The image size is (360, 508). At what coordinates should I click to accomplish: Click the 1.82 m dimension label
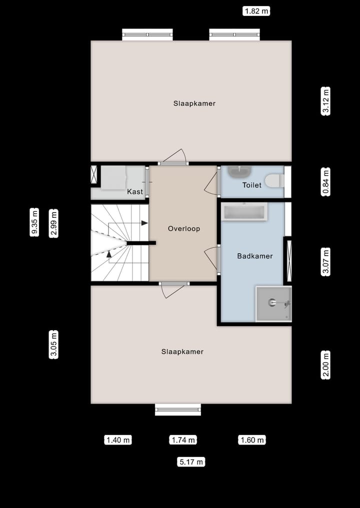click(256, 10)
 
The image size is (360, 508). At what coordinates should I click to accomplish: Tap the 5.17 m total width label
click(191, 462)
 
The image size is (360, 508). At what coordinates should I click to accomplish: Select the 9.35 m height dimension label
click(34, 222)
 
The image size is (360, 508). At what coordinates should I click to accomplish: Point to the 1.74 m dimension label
click(183, 440)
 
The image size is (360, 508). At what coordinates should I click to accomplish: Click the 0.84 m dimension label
click(326, 182)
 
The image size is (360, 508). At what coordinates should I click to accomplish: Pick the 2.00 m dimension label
click(326, 365)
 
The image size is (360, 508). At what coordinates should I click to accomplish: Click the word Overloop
click(183, 229)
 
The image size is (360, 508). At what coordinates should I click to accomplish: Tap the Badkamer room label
click(254, 256)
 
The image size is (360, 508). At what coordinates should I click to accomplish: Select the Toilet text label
click(251, 185)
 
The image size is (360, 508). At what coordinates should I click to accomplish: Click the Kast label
click(134, 192)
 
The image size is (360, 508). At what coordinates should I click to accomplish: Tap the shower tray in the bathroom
click(273, 304)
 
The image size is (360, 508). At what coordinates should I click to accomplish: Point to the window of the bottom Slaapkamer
click(177, 410)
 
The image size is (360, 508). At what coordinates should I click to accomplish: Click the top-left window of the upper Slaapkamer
click(147, 34)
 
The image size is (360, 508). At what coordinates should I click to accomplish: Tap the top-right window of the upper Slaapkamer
click(234, 34)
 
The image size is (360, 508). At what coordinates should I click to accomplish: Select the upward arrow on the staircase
click(109, 254)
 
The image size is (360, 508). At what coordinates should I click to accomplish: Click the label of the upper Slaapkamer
click(194, 103)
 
